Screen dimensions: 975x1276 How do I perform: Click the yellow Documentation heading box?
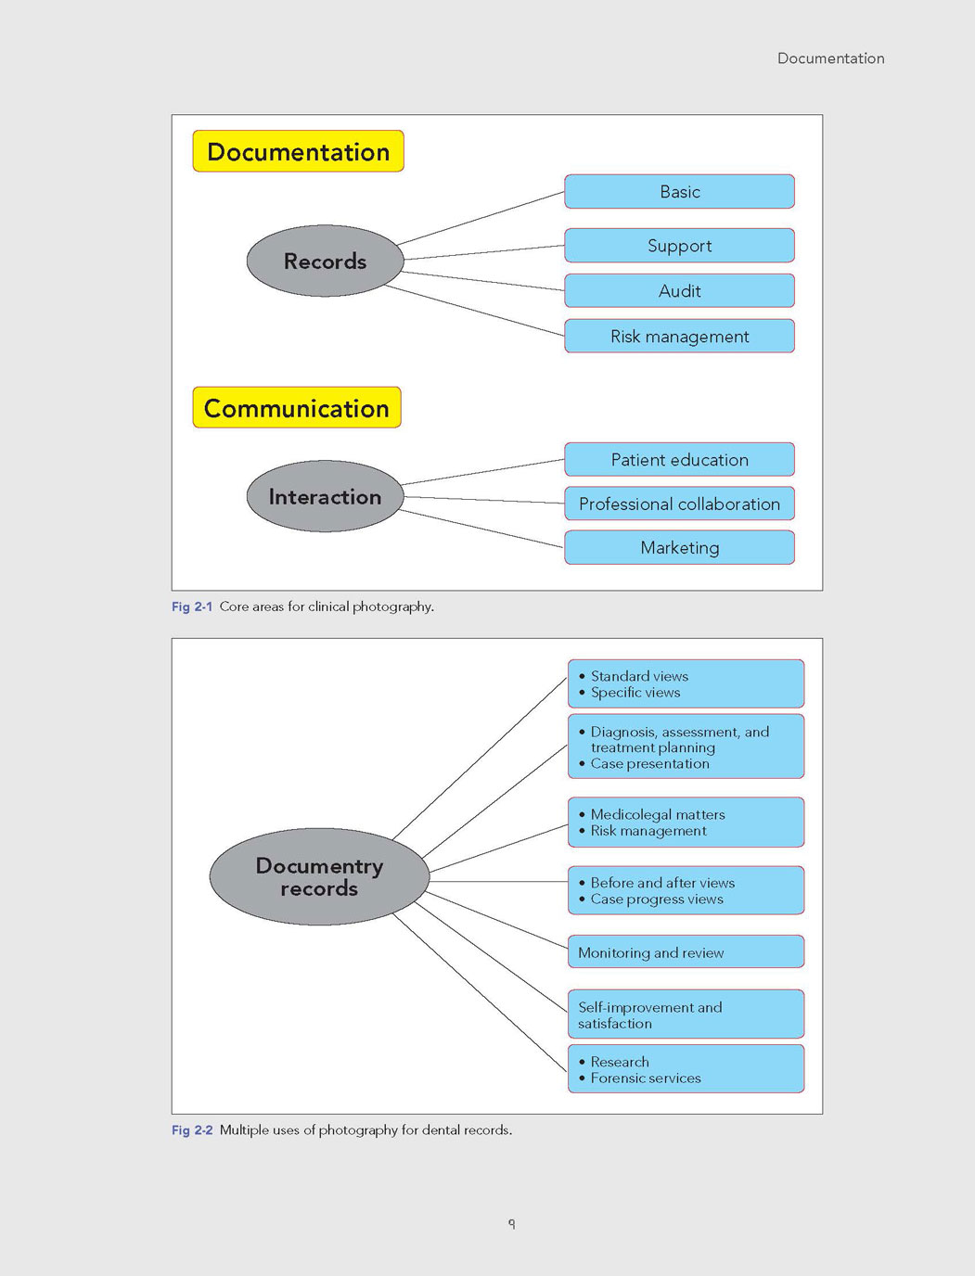coord(299,151)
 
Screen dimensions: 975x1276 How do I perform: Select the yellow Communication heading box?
coord(297,407)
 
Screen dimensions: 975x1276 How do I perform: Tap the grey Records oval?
coord(325,261)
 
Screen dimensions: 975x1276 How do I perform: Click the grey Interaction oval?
coord(325,496)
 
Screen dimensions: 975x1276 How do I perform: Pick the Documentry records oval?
coord(319,876)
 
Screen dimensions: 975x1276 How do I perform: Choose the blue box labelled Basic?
coord(680,191)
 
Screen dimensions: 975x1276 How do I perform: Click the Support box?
coord(680,246)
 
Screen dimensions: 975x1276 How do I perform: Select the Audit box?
coord(680,290)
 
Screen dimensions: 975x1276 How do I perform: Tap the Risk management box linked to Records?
coord(680,336)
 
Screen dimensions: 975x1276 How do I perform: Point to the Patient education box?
coord(680,459)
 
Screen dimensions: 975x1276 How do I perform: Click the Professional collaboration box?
coord(680,504)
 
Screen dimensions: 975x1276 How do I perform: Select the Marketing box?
coord(680,548)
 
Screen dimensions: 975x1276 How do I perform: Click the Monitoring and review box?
coord(686,951)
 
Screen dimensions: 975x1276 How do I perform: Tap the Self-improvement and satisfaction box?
coord(686,1014)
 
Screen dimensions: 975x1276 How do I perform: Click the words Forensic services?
coord(646,1078)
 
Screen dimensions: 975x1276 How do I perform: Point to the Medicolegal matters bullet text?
coord(658,814)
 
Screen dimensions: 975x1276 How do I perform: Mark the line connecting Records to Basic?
coord(481,219)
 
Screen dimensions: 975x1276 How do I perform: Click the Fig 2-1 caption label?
coord(192,606)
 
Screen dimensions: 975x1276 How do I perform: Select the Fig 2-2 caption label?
coord(192,1130)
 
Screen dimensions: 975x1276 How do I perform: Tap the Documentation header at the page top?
coord(831,58)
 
